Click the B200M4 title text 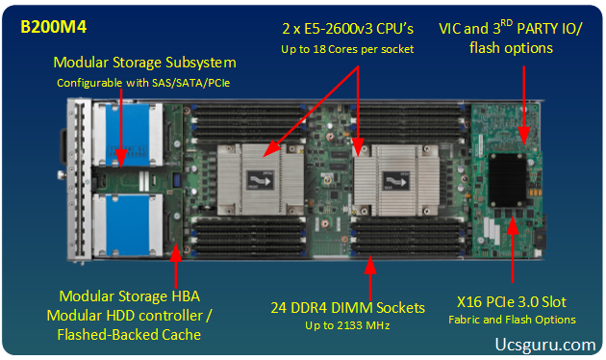(x=53, y=27)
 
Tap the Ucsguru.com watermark (x=545, y=345)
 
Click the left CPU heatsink (x=261, y=180)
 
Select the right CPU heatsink (x=396, y=181)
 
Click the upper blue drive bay (x=128, y=134)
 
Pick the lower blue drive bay (x=128, y=225)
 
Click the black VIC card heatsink (x=508, y=180)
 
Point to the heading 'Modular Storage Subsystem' (x=144, y=63)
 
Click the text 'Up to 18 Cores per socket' (x=347, y=49)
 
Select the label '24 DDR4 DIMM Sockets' (x=347, y=308)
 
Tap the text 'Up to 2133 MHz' (x=347, y=325)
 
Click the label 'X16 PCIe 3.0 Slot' (x=512, y=302)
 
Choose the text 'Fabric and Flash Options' (x=512, y=320)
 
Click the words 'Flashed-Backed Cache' (x=129, y=334)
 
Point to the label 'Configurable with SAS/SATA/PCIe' (x=143, y=83)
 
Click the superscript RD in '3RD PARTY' (x=506, y=23)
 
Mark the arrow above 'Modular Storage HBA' (x=176, y=266)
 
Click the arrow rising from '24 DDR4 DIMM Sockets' (x=370, y=278)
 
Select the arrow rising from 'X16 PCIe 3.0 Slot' (x=513, y=250)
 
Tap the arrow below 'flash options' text (x=523, y=105)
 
